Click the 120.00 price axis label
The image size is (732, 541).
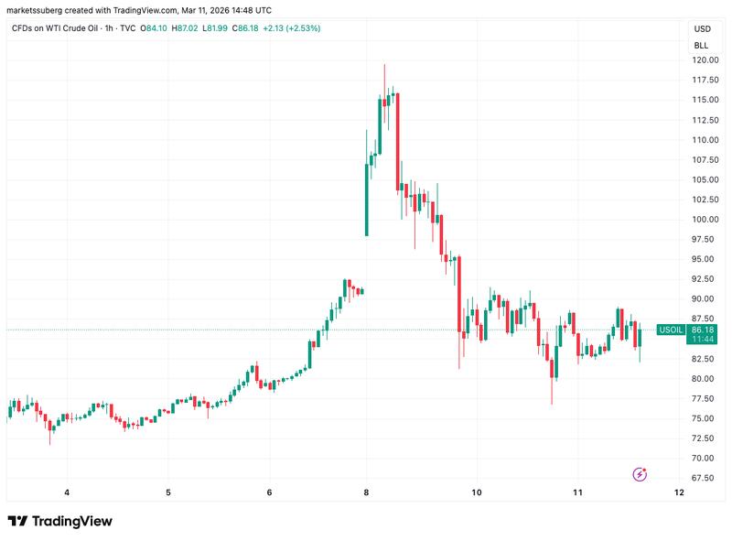704,60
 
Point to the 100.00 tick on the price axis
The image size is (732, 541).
704,220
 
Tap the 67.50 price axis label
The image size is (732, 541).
704,478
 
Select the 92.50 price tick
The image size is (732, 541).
704,279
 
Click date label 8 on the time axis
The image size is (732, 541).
366,492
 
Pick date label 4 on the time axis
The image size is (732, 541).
67,492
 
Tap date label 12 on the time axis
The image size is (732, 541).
679,492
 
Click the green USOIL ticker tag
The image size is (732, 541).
671,330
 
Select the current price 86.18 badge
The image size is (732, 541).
703,330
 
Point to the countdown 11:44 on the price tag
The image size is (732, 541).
703,340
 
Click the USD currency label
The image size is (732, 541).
701,29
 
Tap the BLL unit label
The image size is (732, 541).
701,45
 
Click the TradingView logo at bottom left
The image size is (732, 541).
59,521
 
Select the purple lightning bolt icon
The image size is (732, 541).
640,474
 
